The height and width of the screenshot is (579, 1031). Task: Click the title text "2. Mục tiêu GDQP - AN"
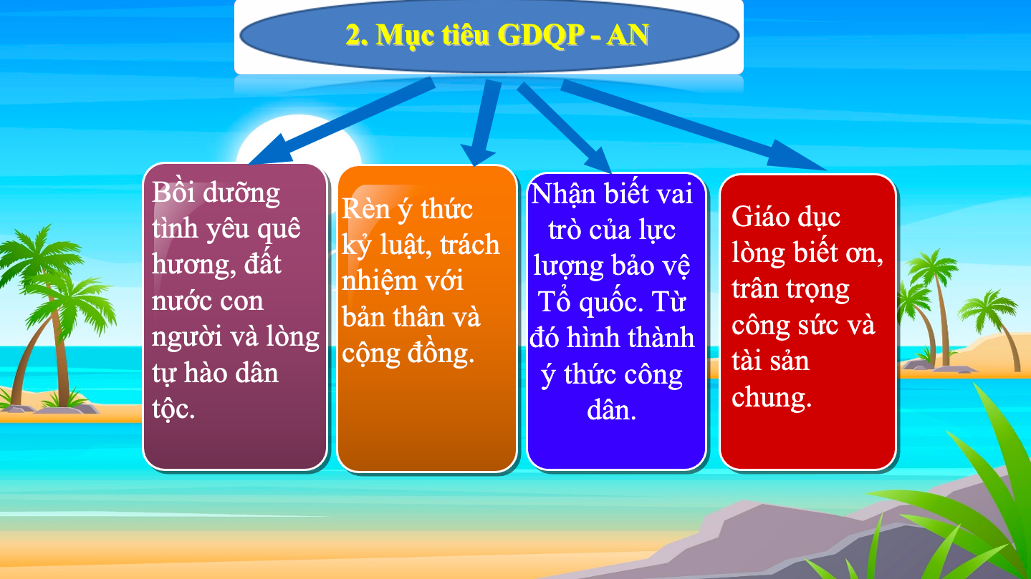click(497, 35)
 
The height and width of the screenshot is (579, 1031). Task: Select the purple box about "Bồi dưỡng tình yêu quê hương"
click(235, 316)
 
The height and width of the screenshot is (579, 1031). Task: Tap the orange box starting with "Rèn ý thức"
click(427, 318)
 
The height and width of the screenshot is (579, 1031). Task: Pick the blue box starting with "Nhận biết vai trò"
click(616, 321)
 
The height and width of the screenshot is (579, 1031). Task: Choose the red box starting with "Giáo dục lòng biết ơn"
click(807, 322)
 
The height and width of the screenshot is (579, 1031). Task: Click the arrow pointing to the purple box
click(340, 121)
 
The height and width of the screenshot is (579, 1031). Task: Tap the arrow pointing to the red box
click(693, 125)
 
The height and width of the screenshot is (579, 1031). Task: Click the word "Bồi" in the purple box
click(173, 192)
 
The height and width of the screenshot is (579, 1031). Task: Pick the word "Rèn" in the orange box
click(366, 209)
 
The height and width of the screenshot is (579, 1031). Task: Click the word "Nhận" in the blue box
click(563, 194)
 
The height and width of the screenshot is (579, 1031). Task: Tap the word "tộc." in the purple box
click(173, 409)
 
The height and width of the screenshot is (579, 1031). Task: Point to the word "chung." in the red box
click(772, 397)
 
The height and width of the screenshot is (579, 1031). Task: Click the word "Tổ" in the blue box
click(554, 302)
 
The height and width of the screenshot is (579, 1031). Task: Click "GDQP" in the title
click(541, 35)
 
